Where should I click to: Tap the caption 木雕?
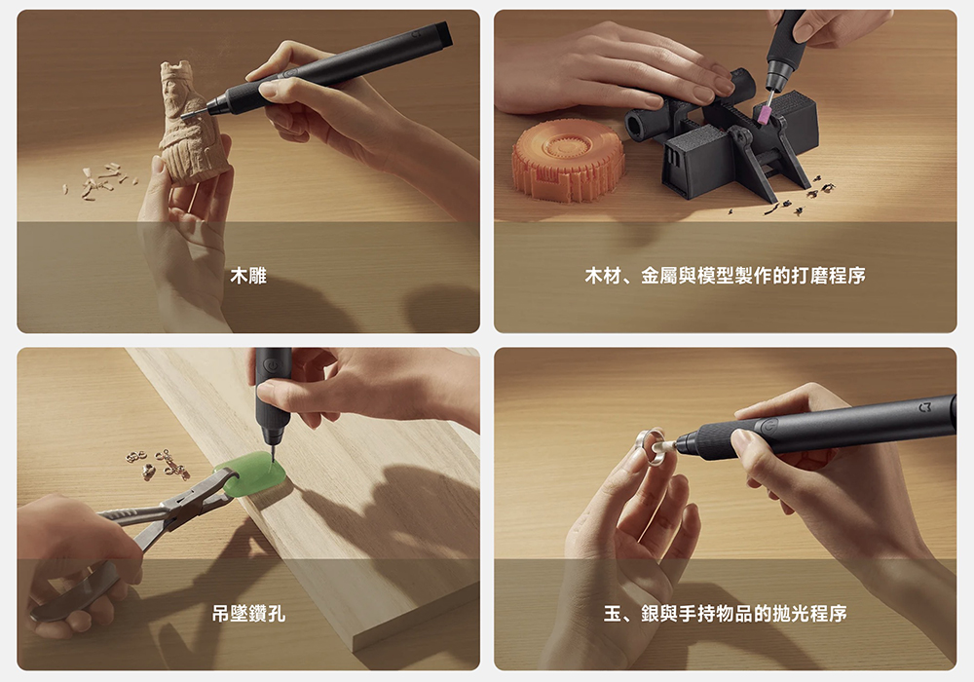(248, 275)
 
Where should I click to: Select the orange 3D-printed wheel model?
(568, 160)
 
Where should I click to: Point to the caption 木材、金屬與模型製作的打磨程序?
(725, 275)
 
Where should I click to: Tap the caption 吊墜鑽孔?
(248, 614)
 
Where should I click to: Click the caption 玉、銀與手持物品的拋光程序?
(725, 614)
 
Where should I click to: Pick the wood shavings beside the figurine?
(99, 181)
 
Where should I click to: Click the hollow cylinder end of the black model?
(638, 126)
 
